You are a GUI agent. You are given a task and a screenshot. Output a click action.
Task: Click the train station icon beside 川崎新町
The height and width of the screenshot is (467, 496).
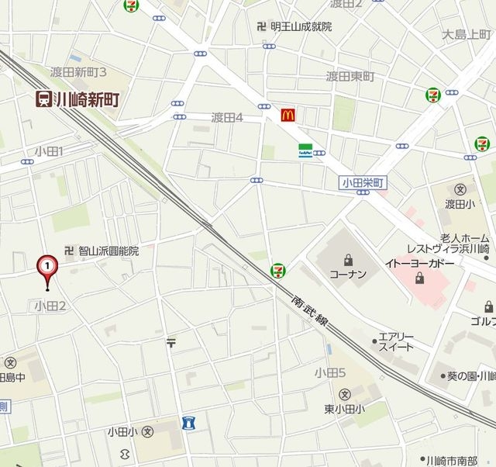coord(43,99)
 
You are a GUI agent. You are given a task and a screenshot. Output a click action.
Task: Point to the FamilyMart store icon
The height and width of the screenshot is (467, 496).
coord(305,151)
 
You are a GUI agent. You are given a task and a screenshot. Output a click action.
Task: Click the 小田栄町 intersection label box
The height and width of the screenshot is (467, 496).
coord(363,182)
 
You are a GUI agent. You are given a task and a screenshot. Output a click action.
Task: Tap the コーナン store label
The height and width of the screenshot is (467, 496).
coord(347,274)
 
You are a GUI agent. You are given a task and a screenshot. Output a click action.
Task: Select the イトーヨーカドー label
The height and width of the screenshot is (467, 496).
coord(418,263)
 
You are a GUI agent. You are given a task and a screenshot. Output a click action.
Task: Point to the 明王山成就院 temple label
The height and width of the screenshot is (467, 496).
coord(301,26)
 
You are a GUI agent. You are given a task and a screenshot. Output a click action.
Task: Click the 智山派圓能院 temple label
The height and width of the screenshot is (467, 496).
coord(108,251)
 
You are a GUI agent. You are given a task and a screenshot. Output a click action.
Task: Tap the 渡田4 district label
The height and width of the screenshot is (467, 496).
coord(228,118)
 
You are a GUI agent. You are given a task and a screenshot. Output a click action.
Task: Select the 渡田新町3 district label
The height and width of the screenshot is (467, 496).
coord(78,72)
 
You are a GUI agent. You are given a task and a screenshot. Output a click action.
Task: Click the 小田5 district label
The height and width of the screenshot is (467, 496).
coord(329,373)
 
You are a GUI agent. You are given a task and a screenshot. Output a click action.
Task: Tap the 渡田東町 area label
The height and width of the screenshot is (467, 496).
coord(350,76)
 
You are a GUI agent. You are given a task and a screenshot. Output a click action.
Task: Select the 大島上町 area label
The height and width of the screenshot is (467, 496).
coord(467,35)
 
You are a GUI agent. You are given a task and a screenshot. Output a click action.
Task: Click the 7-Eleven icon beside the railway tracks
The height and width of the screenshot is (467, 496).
coord(276,270)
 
